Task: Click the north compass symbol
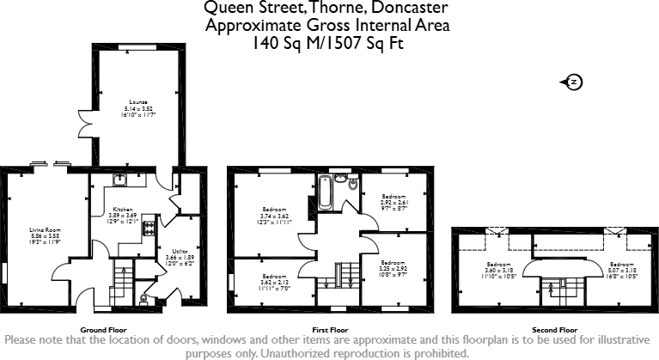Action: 573,82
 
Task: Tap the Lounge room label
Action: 138,109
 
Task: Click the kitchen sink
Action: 120,180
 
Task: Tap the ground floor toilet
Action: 143,299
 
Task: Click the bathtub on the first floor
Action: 326,192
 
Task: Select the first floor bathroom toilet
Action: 352,182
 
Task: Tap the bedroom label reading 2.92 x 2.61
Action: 394,203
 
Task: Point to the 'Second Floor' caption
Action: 554,330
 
